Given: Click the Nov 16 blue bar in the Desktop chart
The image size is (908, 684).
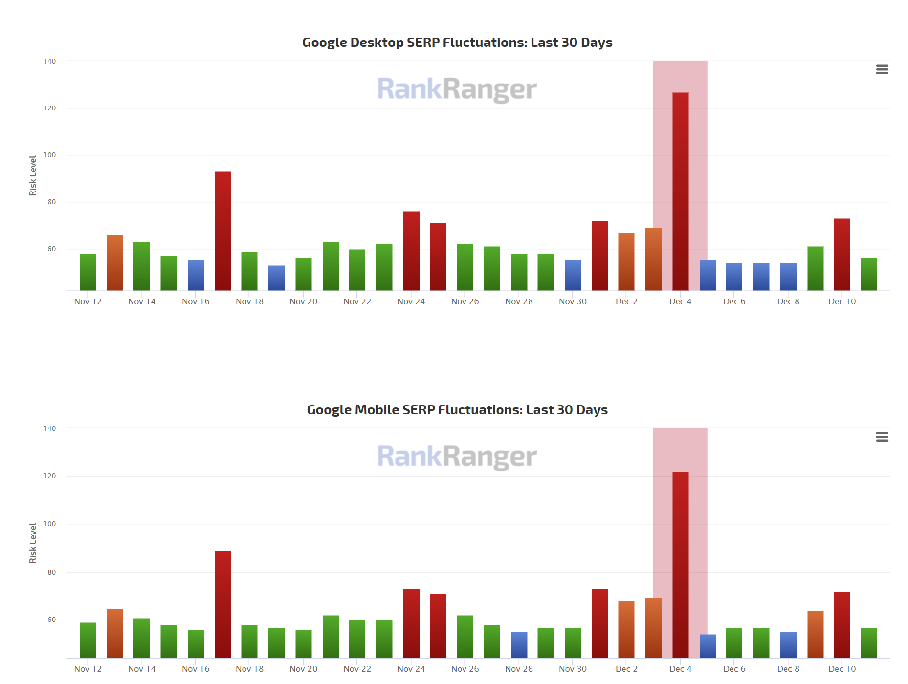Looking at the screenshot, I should [x=196, y=276].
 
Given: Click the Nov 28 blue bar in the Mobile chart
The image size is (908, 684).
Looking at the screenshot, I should [x=519, y=645].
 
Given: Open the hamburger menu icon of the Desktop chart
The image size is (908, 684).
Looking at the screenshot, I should [x=882, y=70].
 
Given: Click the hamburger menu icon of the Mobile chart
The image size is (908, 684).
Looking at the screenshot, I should [x=882, y=437].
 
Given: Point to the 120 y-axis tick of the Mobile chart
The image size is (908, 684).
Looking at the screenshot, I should [x=50, y=476].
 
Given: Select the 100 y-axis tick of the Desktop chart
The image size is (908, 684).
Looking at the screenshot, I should [x=50, y=155].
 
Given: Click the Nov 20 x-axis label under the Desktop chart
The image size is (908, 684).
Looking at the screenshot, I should [x=303, y=302].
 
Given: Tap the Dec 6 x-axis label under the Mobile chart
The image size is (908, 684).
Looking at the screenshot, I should [x=734, y=669].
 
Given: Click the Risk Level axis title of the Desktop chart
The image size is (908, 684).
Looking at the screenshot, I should [x=33, y=176].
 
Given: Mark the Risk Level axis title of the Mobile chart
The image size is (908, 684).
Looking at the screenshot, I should [x=33, y=543].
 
